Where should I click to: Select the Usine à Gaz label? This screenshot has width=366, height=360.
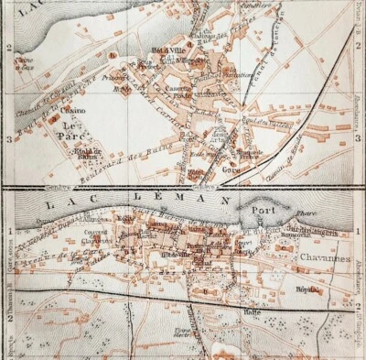[x=23, y=63]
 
